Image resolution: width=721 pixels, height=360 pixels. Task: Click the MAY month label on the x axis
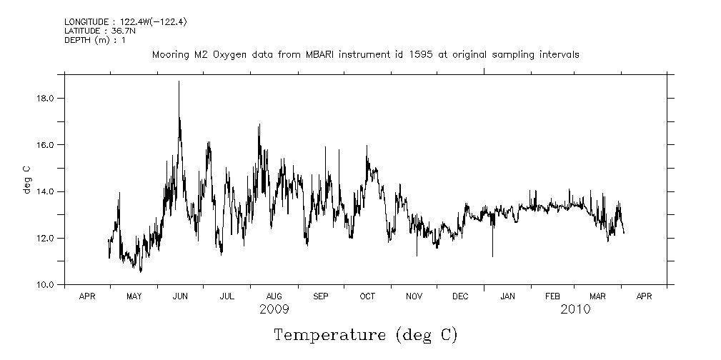click(134, 296)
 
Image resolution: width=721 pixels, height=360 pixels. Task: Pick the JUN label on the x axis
click(180, 296)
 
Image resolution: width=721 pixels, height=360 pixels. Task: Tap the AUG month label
click(274, 296)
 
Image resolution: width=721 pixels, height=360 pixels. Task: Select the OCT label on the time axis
click(367, 296)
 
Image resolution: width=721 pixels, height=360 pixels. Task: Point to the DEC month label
click(461, 296)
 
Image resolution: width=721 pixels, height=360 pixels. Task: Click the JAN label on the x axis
click(507, 296)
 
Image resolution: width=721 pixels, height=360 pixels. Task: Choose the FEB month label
click(552, 296)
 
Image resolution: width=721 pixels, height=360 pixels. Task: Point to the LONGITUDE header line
click(126, 21)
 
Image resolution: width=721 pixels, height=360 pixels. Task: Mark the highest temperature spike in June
click(179, 82)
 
